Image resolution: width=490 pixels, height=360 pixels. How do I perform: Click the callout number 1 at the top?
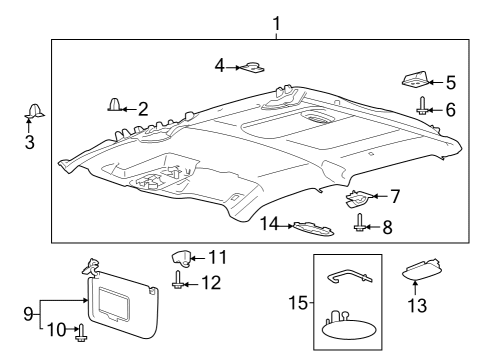coord(276,22)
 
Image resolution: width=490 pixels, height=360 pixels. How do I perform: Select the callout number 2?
coord(142,108)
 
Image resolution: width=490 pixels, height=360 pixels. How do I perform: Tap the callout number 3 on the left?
coord(29,143)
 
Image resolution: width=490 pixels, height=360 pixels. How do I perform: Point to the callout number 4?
coord(219,66)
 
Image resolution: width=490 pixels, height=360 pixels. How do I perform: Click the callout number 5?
coord(450,82)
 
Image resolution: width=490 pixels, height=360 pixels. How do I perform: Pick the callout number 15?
coord(306,300)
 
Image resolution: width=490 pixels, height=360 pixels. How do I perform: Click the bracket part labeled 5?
coord(415,78)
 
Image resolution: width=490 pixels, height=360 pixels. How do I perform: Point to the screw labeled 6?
coord(423,108)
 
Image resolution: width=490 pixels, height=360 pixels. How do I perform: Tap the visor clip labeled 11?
coord(183,258)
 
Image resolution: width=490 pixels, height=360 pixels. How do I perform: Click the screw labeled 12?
coord(179,283)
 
